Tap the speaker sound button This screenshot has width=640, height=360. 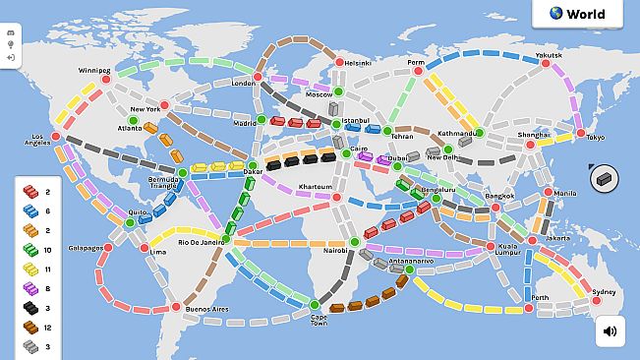[x=610, y=331]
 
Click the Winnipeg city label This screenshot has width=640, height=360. [x=95, y=71]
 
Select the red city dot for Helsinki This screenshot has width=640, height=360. [x=339, y=62]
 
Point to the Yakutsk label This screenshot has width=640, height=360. [x=549, y=55]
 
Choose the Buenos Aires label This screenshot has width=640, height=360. [x=206, y=310]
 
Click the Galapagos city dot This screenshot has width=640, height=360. [x=108, y=248]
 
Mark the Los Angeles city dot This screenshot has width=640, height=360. [x=56, y=136]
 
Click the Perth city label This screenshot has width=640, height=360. [x=540, y=297]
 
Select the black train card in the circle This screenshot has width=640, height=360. [x=604, y=178]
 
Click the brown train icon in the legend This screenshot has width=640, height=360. [x=30, y=328]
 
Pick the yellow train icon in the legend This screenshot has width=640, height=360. [x=30, y=268]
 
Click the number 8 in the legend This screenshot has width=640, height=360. [x=47, y=288]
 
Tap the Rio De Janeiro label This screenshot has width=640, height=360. [x=202, y=242]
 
